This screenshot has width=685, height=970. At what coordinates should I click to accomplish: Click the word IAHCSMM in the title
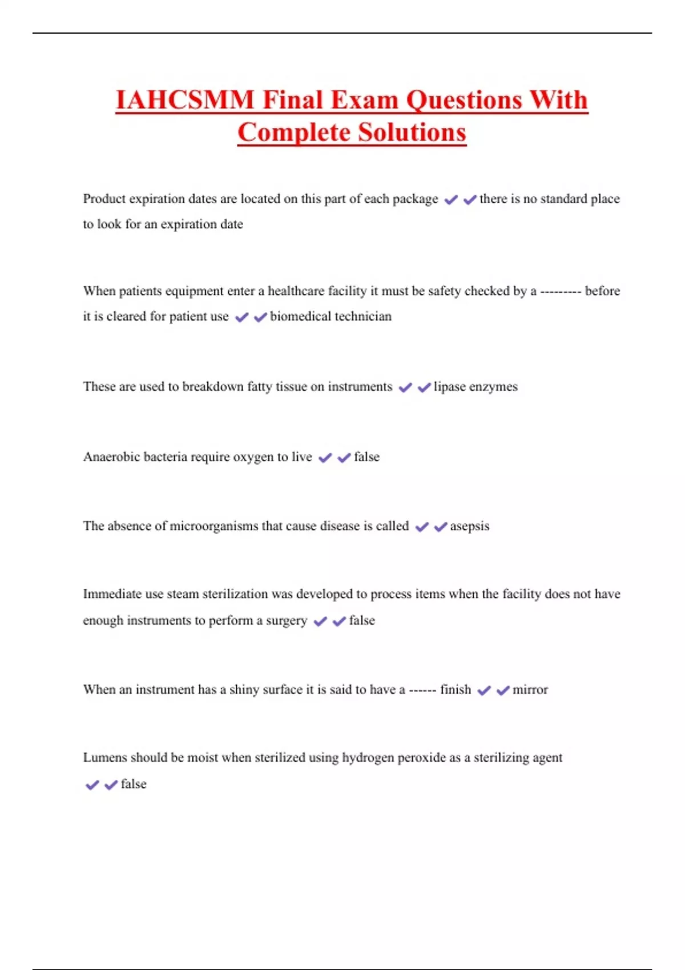[x=184, y=100]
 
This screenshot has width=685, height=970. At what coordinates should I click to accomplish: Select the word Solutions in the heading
[x=412, y=132]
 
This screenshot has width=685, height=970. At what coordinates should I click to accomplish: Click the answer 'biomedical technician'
[x=331, y=316]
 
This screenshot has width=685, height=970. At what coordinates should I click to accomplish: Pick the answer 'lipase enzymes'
[x=476, y=387]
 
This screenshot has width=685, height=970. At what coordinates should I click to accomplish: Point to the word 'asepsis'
[x=469, y=526]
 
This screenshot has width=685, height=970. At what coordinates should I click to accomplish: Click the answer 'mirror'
[x=530, y=690]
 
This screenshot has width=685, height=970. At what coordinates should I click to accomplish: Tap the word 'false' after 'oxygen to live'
[x=366, y=457]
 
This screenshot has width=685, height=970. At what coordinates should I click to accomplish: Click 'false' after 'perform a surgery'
[x=362, y=620]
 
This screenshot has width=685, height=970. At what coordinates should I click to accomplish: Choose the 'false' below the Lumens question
[x=134, y=784]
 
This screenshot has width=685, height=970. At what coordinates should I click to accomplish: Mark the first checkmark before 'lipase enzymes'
[x=405, y=387]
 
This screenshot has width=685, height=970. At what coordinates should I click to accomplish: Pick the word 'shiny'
[x=244, y=690]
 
